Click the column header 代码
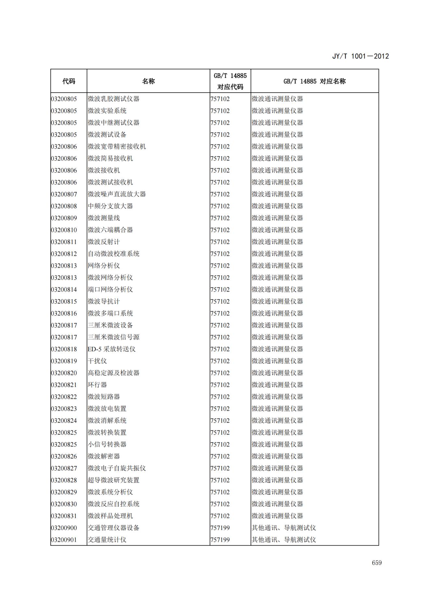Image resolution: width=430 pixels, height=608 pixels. click(x=69, y=81)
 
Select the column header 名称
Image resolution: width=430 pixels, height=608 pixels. click(x=148, y=81)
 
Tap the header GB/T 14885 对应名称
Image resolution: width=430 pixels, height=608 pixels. click(x=314, y=81)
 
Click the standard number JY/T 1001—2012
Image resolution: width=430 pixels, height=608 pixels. click(x=360, y=56)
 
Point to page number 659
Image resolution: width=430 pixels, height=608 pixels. click(x=377, y=563)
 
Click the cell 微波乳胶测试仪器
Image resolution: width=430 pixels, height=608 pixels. click(x=113, y=99)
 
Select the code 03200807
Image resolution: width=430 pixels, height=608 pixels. click(x=64, y=194)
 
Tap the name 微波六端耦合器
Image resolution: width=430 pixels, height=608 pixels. click(x=110, y=230)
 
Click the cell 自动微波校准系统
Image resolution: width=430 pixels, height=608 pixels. click(x=113, y=254)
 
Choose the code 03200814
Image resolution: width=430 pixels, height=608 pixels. click(x=64, y=290)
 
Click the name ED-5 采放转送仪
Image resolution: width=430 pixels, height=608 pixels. click(x=111, y=349)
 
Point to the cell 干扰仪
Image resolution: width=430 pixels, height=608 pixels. click(x=97, y=361)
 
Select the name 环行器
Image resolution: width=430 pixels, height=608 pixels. click(x=97, y=385)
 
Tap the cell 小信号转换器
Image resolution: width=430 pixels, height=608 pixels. click(x=107, y=445)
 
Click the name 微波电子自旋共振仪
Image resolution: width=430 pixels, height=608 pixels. click(x=117, y=468)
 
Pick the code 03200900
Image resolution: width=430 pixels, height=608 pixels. click(x=64, y=528)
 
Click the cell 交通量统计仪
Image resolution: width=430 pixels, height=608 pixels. click(x=107, y=540)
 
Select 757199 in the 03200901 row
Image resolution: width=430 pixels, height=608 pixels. click(x=220, y=540)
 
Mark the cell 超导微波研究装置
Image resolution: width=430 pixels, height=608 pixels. click(x=113, y=480)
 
